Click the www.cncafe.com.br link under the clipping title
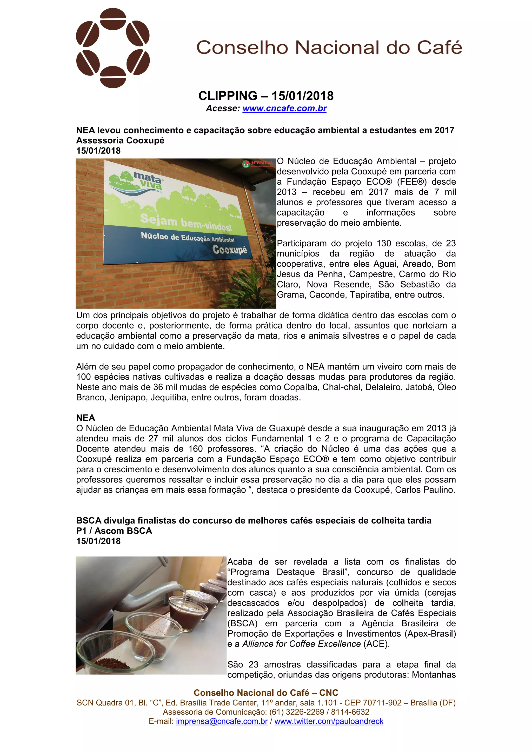pos(284,108)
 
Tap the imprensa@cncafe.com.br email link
pos(222,721)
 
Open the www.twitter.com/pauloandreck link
pos(329,721)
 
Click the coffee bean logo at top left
pos(113,48)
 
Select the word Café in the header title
pos(439,48)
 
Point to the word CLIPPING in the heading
pos(228,96)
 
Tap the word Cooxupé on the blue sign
pos(229,250)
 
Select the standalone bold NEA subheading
pos(85,418)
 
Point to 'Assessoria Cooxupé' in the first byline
pos(120,140)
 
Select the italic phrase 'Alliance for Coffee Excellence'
pos(301,644)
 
